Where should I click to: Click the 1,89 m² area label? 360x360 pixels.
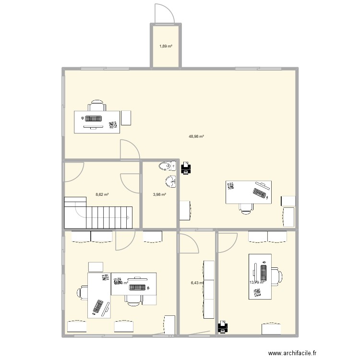pyautogui.click(x=166, y=47)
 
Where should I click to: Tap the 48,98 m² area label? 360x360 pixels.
pyautogui.click(x=196, y=136)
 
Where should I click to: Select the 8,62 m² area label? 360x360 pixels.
pyautogui.click(x=102, y=194)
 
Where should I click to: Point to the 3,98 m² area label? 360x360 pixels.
pyautogui.click(x=159, y=194)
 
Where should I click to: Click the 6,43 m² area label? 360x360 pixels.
pyautogui.click(x=197, y=283)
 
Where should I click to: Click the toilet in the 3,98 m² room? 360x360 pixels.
pyautogui.click(x=166, y=167)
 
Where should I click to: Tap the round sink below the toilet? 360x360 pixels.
pyautogui.click(x=169, y=181)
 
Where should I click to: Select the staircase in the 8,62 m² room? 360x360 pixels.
pyautogui.click(x=98, y=213)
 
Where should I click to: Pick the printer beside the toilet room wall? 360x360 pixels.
pyautogui.click(x=186, y=168)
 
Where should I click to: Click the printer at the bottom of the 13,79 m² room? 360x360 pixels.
pyautogui.click(x=222, y=327)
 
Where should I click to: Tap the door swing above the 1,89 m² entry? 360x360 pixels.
pyautogui.click(x=163, y=13)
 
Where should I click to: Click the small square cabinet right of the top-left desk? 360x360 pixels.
pyautogui.click(x=126, y=118)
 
